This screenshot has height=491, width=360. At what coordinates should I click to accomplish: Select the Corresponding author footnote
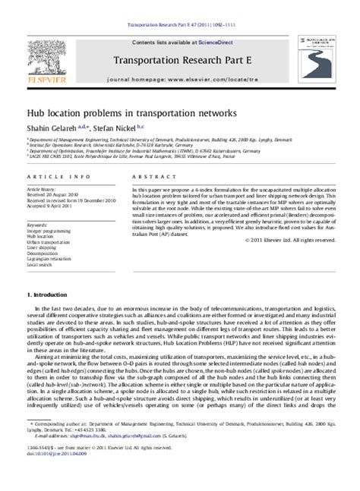point(152,459)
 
